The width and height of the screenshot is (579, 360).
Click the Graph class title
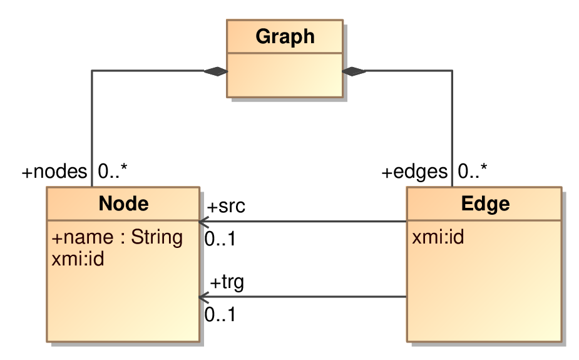(285, 36)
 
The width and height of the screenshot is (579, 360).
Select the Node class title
(124, 203)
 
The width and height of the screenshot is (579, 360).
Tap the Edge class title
(485, 203)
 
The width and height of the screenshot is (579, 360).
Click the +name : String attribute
(117, 237)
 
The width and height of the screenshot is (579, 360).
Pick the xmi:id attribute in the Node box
(78, 259)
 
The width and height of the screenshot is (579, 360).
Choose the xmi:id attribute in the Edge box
(438, 237)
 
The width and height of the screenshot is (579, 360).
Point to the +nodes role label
(54, 172)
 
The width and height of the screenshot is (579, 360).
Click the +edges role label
(414, 172)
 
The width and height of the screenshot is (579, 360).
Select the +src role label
(226, 206)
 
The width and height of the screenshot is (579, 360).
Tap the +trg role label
(227, 282)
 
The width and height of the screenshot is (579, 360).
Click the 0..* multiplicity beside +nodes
(113, 171)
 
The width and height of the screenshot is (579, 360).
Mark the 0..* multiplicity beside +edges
(473, 171)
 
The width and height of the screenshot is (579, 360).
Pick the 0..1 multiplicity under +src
(220, 239)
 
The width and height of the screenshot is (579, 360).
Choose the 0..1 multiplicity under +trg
(220, 314)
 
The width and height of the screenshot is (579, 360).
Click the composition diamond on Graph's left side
(216, 71)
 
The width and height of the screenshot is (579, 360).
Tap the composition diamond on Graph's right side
(354, 71)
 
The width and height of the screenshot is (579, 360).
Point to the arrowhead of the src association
(204, 222)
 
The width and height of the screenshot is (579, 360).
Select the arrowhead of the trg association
(204, 297)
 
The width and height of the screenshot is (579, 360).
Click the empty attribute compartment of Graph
(285, 75)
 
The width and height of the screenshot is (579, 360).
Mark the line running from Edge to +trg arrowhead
(303, 297)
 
